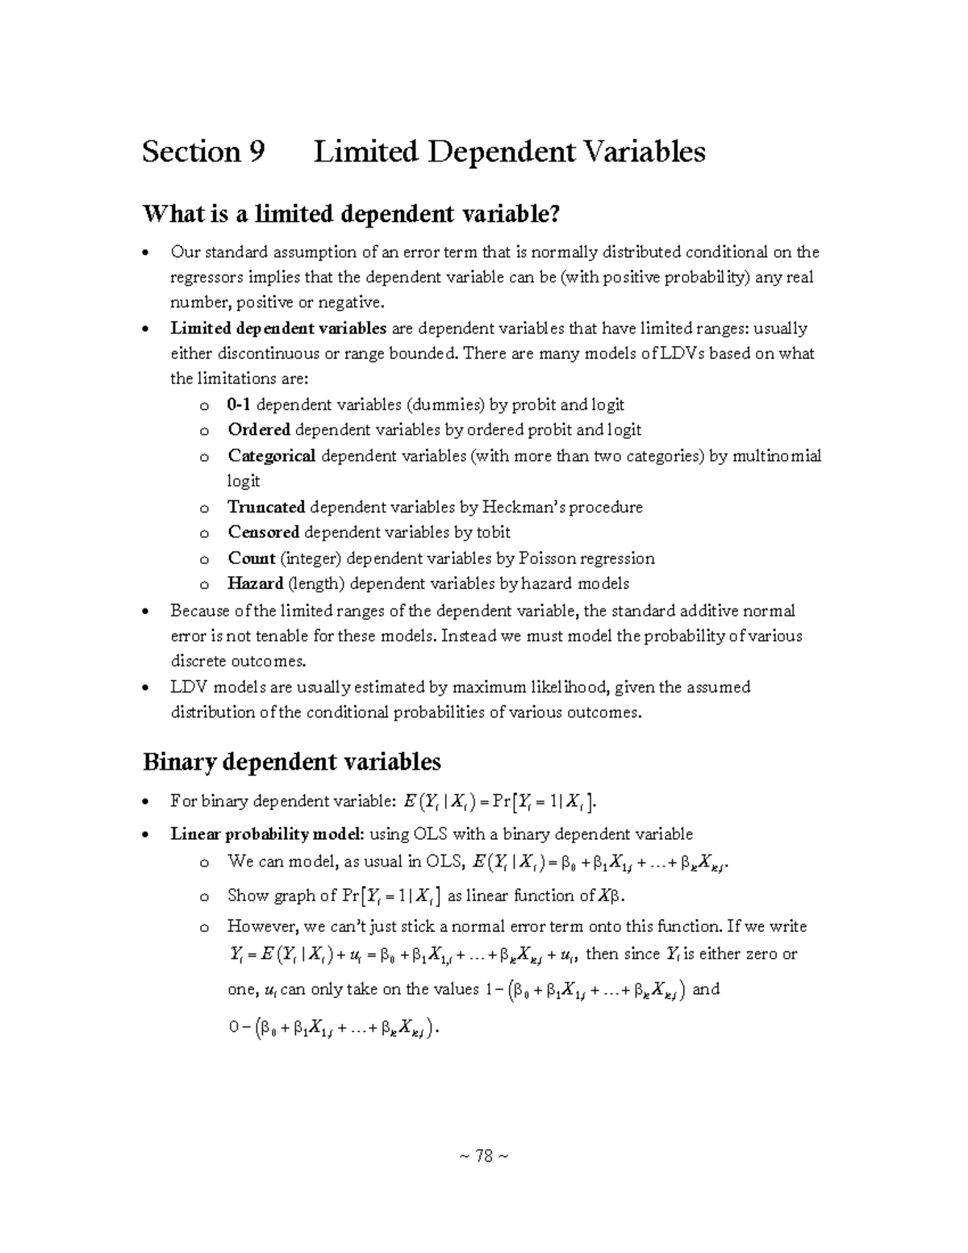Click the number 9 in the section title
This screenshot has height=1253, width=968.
tap(257, 152)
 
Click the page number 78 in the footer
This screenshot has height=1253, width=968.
tap(484, 1156)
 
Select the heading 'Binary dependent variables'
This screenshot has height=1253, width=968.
tap(291, 761)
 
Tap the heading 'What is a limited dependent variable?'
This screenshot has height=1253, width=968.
tap(350, 214)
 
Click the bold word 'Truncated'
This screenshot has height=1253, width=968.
tap(266, 507)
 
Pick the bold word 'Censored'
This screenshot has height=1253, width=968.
tap(264, 533)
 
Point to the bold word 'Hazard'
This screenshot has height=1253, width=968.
tap(255, 583)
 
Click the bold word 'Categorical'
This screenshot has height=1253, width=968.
tap(272, 456)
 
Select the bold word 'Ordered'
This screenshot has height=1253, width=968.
tap(259, 430)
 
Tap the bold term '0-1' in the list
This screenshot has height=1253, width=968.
tap(240, 404)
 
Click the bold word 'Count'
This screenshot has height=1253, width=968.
tap(252, 558)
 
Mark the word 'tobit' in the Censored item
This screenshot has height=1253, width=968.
tap(493, 533)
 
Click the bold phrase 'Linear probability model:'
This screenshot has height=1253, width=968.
tap(268, 833)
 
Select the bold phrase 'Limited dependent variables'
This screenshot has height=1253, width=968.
tap(278, 328)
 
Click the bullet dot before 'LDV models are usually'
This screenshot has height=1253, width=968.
tap(144, 688)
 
